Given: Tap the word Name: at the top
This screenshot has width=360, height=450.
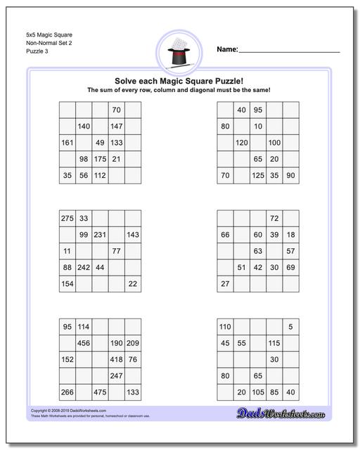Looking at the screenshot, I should pyautogui.click(x=227, y=50).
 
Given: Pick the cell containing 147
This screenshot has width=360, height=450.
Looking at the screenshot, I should pyautogui.click(x=117, y=127).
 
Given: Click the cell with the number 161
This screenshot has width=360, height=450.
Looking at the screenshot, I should pyautogui.click(x=67, y=143).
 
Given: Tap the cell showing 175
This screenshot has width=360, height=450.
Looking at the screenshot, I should pyautogui.click(x=100, y=159).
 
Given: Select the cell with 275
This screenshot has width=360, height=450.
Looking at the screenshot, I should pyautogui.click(x=67, y=219).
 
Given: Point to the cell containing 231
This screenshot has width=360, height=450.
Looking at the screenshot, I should pyautogui.click(x=100, y=235).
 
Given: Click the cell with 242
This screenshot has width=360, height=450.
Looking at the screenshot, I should pyautogui.click(x=84, y=267).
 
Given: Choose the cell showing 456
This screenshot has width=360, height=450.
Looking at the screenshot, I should pyautogui.click(x=84, y=343).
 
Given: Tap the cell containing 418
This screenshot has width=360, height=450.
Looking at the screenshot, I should pyautogui.click(x=117, y=359).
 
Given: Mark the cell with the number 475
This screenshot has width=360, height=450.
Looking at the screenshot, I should pyautogui.click(x=100, y=392).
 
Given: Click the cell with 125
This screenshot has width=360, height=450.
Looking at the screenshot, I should pyautogui.click(x=258, y=175).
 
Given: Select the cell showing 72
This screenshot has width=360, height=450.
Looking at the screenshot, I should pyautogui.click(x=274, y=219).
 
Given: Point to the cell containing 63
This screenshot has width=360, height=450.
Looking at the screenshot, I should pyautogui.click(x=258, y=251).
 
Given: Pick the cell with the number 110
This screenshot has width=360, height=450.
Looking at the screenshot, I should pyautogui.click(x=225, y=327).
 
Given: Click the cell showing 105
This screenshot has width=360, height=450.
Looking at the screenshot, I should pyautogui.click(x=258, y=392).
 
